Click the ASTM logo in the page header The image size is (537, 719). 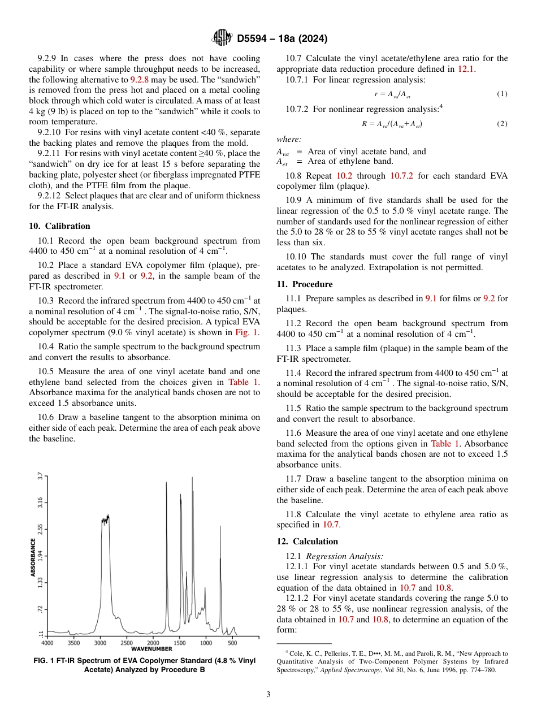pos(222,38)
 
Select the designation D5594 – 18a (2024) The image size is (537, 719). pos(282,39)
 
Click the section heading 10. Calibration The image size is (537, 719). pos(59,226)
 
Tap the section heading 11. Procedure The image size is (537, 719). pos(304,284)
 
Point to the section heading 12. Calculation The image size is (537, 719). pos(307,541)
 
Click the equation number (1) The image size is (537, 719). pos(502,93)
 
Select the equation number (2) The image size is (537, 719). pos(502,123)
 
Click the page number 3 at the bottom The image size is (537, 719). pos(268,694)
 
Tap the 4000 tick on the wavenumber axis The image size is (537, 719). pos(48,643)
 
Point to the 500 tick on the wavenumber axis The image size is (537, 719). pos(232,643)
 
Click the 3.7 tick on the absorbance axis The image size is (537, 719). pos(41,476)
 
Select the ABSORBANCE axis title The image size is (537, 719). pos(33,557)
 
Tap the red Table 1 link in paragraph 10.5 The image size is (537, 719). pos(244,382)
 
